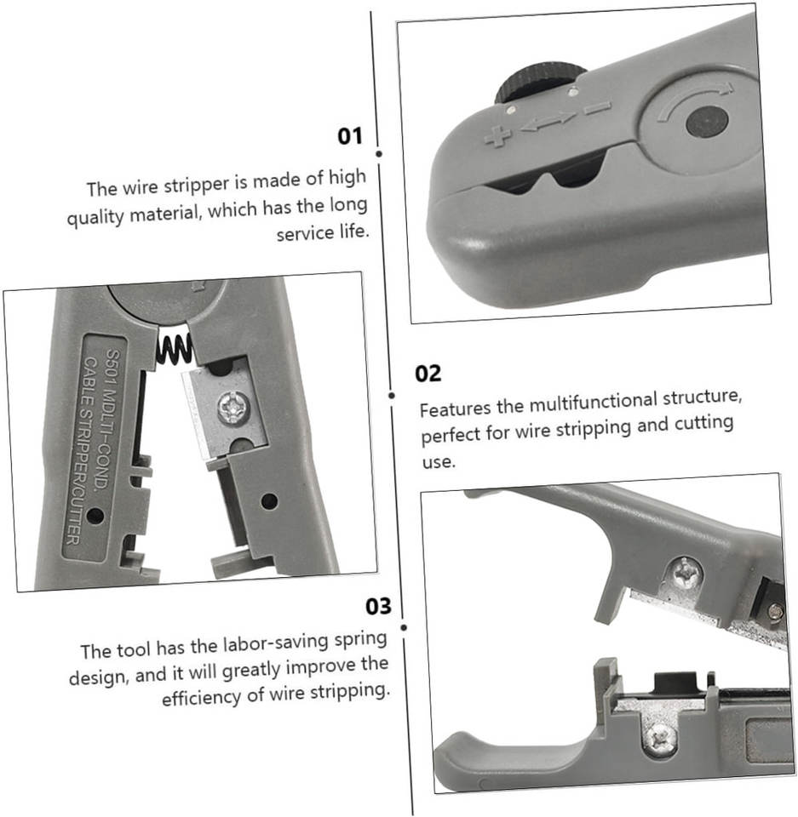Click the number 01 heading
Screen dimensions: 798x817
pyautogui.click(x=349, y=136)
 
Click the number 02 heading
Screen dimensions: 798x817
pyautogui.click(x=428, y=374)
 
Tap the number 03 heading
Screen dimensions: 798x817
pyautogui.click(x=378, y=606)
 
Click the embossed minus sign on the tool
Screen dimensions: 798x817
pyautogui.click(x=597, y=108)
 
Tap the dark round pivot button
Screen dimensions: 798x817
pyautogui.click(x=707, y=122)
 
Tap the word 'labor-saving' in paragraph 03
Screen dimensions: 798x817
pyautogui.click(x=275, y=644)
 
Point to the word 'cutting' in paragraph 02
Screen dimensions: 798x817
pyautogui.click(x=703, y=424)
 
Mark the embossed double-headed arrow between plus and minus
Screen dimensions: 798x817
pyautogui.click(x=548, y=122)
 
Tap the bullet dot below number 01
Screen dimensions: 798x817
pyautogui.click(x=379, y=154)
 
